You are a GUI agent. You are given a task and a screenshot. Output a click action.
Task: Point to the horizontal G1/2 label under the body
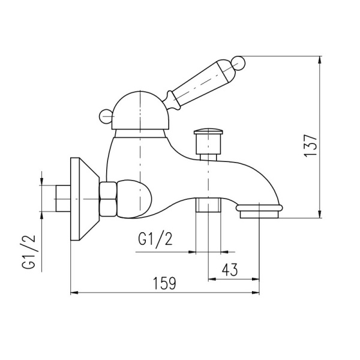[155, 240]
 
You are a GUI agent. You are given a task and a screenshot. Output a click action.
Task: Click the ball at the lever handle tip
[238, 61]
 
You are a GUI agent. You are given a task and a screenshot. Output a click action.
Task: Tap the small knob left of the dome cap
[104, 115]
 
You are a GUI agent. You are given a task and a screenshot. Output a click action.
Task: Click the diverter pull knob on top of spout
[208, 136]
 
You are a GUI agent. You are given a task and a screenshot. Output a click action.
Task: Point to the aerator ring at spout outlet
[260, 210]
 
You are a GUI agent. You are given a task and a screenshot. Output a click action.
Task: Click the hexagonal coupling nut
[109, 199]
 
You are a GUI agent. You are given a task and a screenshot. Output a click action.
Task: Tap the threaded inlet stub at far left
[61, 199]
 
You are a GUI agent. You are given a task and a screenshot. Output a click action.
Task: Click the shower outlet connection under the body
[209, 206]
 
